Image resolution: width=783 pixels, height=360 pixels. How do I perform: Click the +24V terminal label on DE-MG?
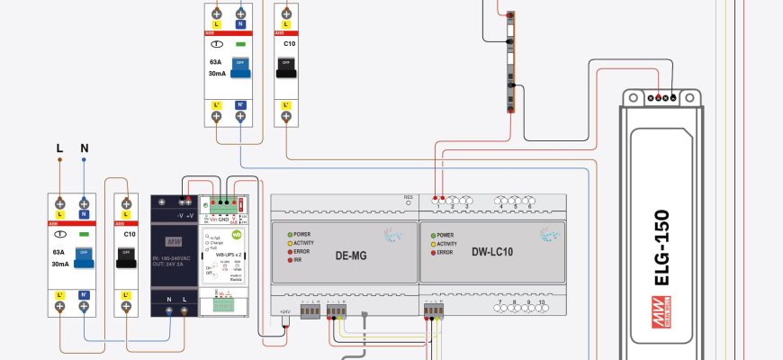284,310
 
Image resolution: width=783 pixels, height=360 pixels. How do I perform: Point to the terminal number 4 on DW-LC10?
499,207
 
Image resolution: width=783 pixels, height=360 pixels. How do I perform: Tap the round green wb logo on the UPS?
238,234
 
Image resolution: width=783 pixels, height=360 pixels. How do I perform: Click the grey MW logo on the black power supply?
175,242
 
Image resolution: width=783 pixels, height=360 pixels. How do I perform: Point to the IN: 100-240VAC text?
175,258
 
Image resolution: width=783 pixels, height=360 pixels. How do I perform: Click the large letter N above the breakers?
84,147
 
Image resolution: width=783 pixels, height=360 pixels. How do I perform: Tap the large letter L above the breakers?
59,147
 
